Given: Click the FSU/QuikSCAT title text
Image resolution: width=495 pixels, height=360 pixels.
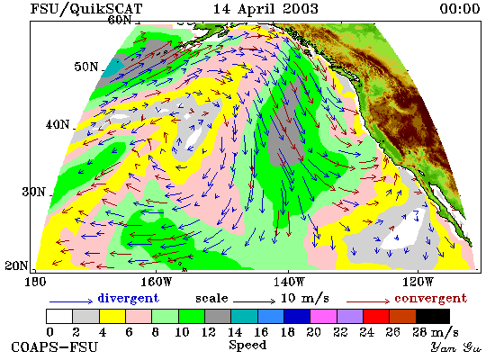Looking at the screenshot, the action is (86, 9).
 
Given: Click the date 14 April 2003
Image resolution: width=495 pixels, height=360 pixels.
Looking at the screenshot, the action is (265, 8).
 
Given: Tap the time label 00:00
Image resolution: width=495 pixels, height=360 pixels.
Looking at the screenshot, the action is (460, 8).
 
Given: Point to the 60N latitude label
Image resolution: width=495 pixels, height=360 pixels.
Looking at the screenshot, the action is (120, 20).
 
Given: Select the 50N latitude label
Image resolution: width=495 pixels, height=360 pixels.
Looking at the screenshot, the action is (86, 67).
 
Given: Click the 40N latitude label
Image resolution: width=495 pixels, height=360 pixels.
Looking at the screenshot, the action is (58, 124).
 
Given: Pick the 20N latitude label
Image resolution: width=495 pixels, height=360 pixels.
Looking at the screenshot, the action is (16, 265).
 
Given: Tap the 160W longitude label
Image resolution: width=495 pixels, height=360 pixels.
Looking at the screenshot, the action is (156, 282).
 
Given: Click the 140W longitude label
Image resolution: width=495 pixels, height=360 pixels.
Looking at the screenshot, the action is (289, 282).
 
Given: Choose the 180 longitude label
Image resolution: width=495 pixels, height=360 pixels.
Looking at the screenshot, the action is (35, 282).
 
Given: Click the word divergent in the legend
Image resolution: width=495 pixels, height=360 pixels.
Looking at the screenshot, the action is (128, 298).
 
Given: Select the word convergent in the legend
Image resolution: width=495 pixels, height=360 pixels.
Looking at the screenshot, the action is (430, 298).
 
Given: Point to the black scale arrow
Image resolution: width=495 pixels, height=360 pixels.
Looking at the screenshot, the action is (255, 301).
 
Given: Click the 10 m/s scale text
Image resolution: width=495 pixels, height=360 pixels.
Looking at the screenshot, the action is (305, 298).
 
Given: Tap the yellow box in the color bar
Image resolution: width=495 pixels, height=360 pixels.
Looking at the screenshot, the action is (112, 317).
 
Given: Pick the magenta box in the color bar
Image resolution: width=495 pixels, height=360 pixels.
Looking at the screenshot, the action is (324, 317).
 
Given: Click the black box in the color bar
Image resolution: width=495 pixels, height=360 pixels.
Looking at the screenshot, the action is (433, 317).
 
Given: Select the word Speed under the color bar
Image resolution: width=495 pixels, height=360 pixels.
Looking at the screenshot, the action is (247, 345).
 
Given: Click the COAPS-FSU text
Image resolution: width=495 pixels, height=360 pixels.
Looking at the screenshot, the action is (55, 347).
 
